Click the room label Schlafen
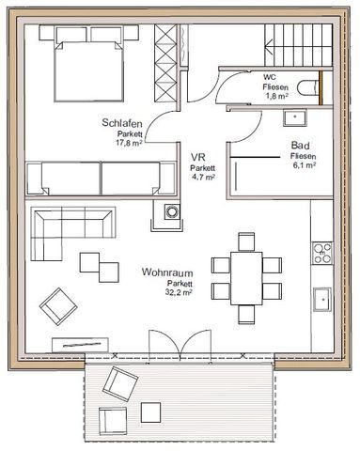[122, 123]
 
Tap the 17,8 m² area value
[130, 143]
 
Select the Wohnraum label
[167, 272]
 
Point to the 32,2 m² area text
[179, 292]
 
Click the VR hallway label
[198, 157]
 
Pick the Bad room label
[301, 146]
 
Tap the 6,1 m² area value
[305, 164]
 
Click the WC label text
[270, 77]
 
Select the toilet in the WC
[308, 88]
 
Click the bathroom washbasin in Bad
[295, 117]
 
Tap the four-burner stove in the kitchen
[322, 253]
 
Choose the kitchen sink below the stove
[322, 300]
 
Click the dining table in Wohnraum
[246, 278]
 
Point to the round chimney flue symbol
[172, 211]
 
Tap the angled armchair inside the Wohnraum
[58, 306]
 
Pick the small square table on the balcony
[150, 412]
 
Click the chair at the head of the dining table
[246, 241]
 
